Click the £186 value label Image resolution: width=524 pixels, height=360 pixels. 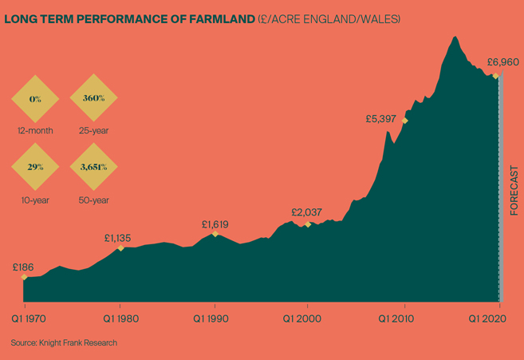(23, 266)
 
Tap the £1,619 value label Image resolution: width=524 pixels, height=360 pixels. (215, 224)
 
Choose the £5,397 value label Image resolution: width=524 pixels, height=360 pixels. (381, 118)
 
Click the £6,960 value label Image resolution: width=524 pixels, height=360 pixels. (504, 61)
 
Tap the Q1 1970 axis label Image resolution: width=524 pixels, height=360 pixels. (27, 318)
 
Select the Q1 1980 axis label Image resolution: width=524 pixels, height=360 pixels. (122, 318)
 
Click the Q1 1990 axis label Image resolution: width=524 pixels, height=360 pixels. (215, 318)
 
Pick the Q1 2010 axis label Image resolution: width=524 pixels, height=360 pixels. (404, 318)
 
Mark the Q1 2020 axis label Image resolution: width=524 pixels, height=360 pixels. (487, 318)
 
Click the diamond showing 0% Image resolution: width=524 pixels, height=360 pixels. (35, 99)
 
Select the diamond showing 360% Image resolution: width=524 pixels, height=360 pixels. (93, 99)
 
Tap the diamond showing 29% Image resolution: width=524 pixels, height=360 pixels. (35, 168)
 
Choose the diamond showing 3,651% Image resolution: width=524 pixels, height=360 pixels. (93, 168)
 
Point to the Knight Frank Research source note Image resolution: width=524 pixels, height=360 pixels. (64, 342)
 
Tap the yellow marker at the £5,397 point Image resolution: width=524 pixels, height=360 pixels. (405, 121)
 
